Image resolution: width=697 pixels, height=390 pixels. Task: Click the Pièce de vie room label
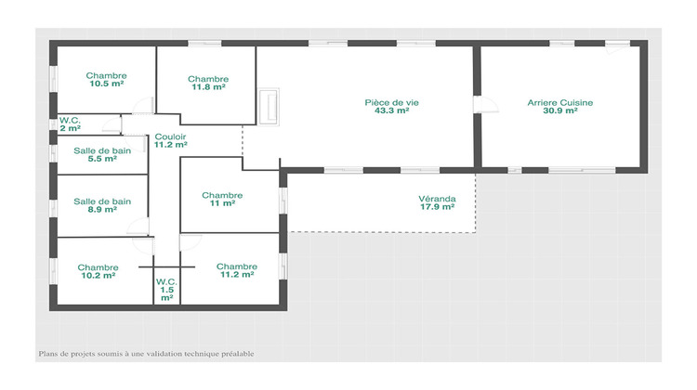click(391, 102)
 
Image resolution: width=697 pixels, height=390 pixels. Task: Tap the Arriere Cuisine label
click(560, 102)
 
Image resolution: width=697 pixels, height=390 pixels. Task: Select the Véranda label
click(436, 199)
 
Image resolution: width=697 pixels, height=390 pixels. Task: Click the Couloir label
click(171, 136)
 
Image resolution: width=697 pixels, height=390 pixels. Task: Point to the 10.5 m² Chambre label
click(107, 75)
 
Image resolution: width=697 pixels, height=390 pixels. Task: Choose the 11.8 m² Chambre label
click(208, 79)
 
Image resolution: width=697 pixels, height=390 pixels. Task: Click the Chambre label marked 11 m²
click(222, 195)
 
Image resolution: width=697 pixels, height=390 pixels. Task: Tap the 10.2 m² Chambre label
click(98, 266)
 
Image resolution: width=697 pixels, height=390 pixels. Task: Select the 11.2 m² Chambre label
click(236, 266)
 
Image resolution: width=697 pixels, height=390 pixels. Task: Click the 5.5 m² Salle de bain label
click(102, 150)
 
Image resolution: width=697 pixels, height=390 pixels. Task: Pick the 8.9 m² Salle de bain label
click(102, 201)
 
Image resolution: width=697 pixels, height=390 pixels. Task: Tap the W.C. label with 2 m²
click(70, 120)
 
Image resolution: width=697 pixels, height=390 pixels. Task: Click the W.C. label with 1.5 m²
click(166, 281)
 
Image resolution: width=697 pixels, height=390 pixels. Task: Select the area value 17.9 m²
click(436, 207)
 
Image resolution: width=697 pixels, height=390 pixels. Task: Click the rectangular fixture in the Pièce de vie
click(271, 106)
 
